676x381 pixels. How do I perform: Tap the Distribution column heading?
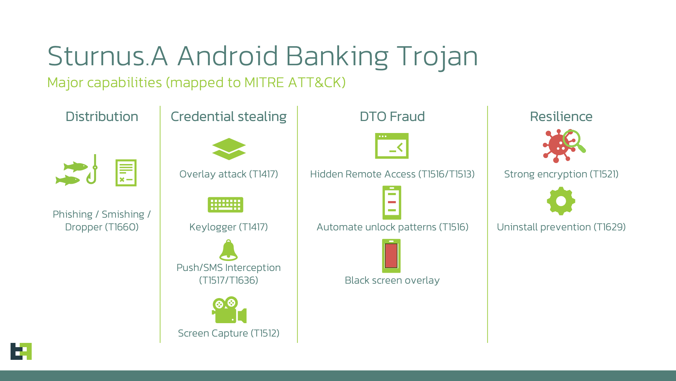pos(102,117)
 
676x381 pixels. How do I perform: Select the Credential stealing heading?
pos(229,117)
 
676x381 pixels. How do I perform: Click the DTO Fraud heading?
pos(392,117)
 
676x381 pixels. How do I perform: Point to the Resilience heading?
pos(561,117)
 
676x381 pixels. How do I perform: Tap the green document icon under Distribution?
pos(126,173)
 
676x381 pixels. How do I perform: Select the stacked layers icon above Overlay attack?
pos(229,149)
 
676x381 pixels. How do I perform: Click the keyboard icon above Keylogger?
pos(225,205)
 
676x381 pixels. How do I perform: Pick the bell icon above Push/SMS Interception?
pos(229,250)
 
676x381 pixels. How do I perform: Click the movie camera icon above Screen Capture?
pos(229,310)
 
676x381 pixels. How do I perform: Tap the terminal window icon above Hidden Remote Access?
pos(392,146)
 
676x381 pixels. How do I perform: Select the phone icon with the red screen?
pos(392,256)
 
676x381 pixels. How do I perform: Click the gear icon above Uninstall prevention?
pos(561,201)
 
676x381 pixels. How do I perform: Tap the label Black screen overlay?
pos(392,280)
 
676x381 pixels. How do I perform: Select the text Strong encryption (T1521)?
pos(561,174)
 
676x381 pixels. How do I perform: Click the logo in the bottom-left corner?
pos(21,351)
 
